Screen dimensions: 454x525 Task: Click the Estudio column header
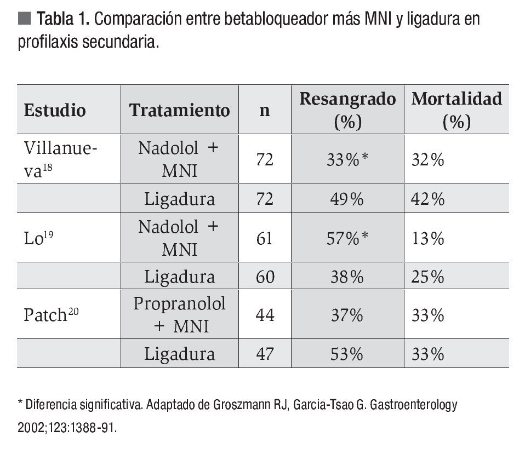pos(55,110)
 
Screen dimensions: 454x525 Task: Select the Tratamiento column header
pos(179,110)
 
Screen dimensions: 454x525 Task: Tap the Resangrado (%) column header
pos(347,110)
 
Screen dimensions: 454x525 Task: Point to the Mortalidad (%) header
pos(456,110)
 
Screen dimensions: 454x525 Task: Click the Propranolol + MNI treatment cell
pos(179,315)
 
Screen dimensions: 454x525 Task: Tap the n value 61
pos(265,239)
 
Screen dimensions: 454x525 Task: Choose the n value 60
pos(265,277)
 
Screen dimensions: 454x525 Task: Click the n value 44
pos(265,315)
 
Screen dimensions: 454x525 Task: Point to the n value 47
pos(265,354)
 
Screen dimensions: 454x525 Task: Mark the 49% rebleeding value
pos(346,199)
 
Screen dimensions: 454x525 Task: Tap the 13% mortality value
pos(427,239)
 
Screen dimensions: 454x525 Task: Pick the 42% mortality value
pos(427,199)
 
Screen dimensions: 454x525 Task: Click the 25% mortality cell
pos(427,277)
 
